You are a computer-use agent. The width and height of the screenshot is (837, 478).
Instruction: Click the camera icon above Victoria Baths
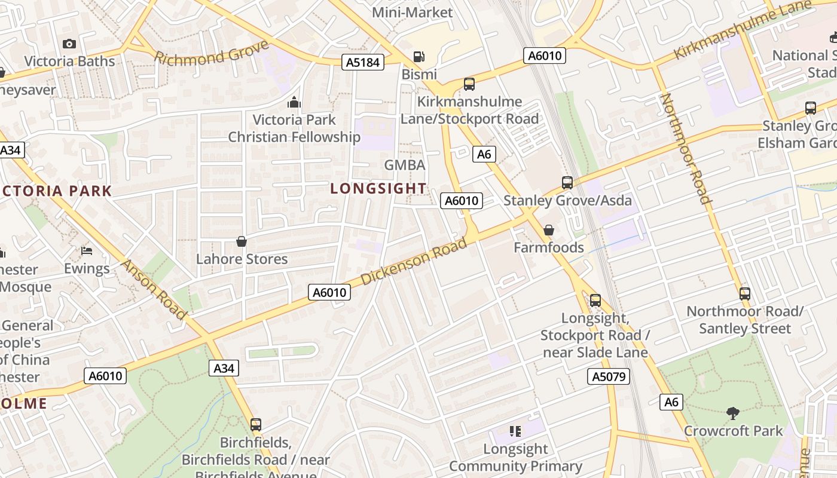tap(69, 44)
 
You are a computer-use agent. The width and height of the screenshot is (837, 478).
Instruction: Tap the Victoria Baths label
tap(69, 61)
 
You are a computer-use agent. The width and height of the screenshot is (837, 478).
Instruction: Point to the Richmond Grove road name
tap(211, 53)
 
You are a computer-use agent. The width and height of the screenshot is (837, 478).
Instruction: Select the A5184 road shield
tap(363, 62)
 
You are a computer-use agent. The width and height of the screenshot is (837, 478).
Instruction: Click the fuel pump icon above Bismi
tap(419, 57)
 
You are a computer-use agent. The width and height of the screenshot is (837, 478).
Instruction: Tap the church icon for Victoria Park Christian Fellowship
tap(294, 102)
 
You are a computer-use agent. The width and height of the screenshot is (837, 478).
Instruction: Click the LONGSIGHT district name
tap(378, 189)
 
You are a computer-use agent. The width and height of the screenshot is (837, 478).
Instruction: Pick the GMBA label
tap(405, 165)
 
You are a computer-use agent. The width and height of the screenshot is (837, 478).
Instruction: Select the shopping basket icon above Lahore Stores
tap(242, 241)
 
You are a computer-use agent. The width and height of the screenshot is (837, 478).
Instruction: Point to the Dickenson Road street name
tap(414, 261)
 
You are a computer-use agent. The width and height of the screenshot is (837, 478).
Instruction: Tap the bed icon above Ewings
tap(87, 250)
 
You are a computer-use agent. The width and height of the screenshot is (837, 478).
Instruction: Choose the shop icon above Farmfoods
tap(548, 230)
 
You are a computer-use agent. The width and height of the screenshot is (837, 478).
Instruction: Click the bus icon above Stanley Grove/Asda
tap(567, 182)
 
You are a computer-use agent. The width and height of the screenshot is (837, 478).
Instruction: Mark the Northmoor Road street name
tap(686, 148)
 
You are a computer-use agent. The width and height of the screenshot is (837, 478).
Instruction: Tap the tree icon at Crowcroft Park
tap(732, 413)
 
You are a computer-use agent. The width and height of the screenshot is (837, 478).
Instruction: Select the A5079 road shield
tap(609, 376)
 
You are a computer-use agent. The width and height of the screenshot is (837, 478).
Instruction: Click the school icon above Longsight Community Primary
tap(515, 431)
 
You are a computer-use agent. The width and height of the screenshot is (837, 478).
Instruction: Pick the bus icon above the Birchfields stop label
tap(256, 425)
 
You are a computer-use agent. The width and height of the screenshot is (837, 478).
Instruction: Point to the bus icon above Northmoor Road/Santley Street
tap(744, 293)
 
